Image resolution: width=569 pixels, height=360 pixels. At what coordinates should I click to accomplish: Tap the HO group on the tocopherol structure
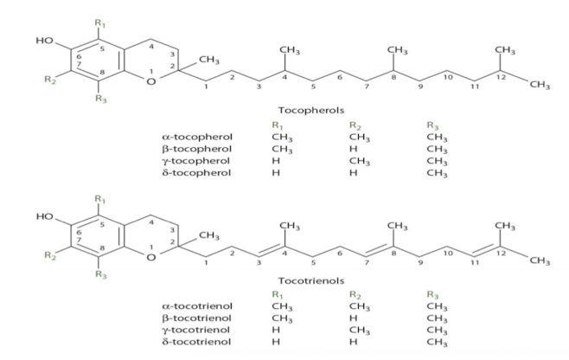(45, 41)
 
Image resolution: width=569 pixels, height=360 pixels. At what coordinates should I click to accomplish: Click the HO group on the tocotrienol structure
(45, 211)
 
